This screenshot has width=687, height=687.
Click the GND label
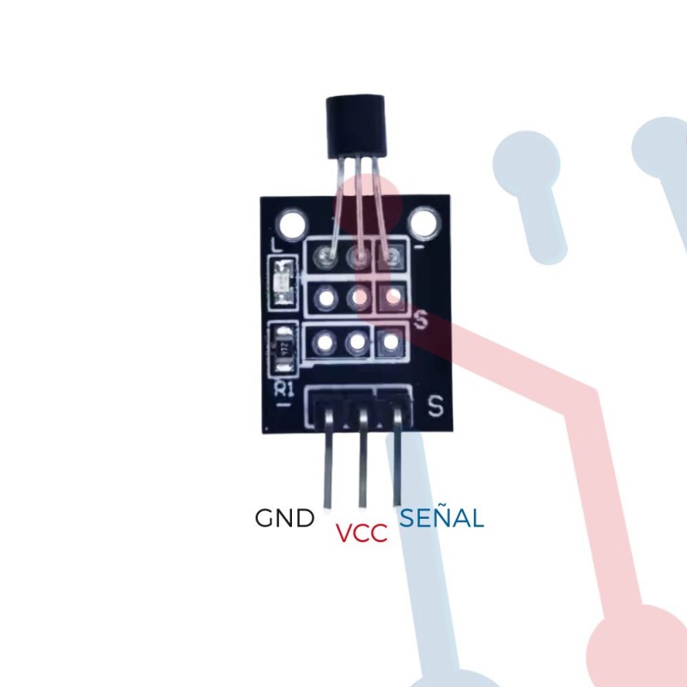point(284,519)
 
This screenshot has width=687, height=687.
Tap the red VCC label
point(362,533)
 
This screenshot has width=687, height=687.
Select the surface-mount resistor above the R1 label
point(283,349)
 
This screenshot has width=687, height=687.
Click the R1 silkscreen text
point(283,389)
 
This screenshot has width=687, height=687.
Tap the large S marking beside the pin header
point(435,404)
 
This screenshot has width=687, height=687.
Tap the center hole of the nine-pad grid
point(358,298)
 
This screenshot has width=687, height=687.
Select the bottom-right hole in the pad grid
point(391,342)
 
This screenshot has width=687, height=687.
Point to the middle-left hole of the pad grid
point(325,299)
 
